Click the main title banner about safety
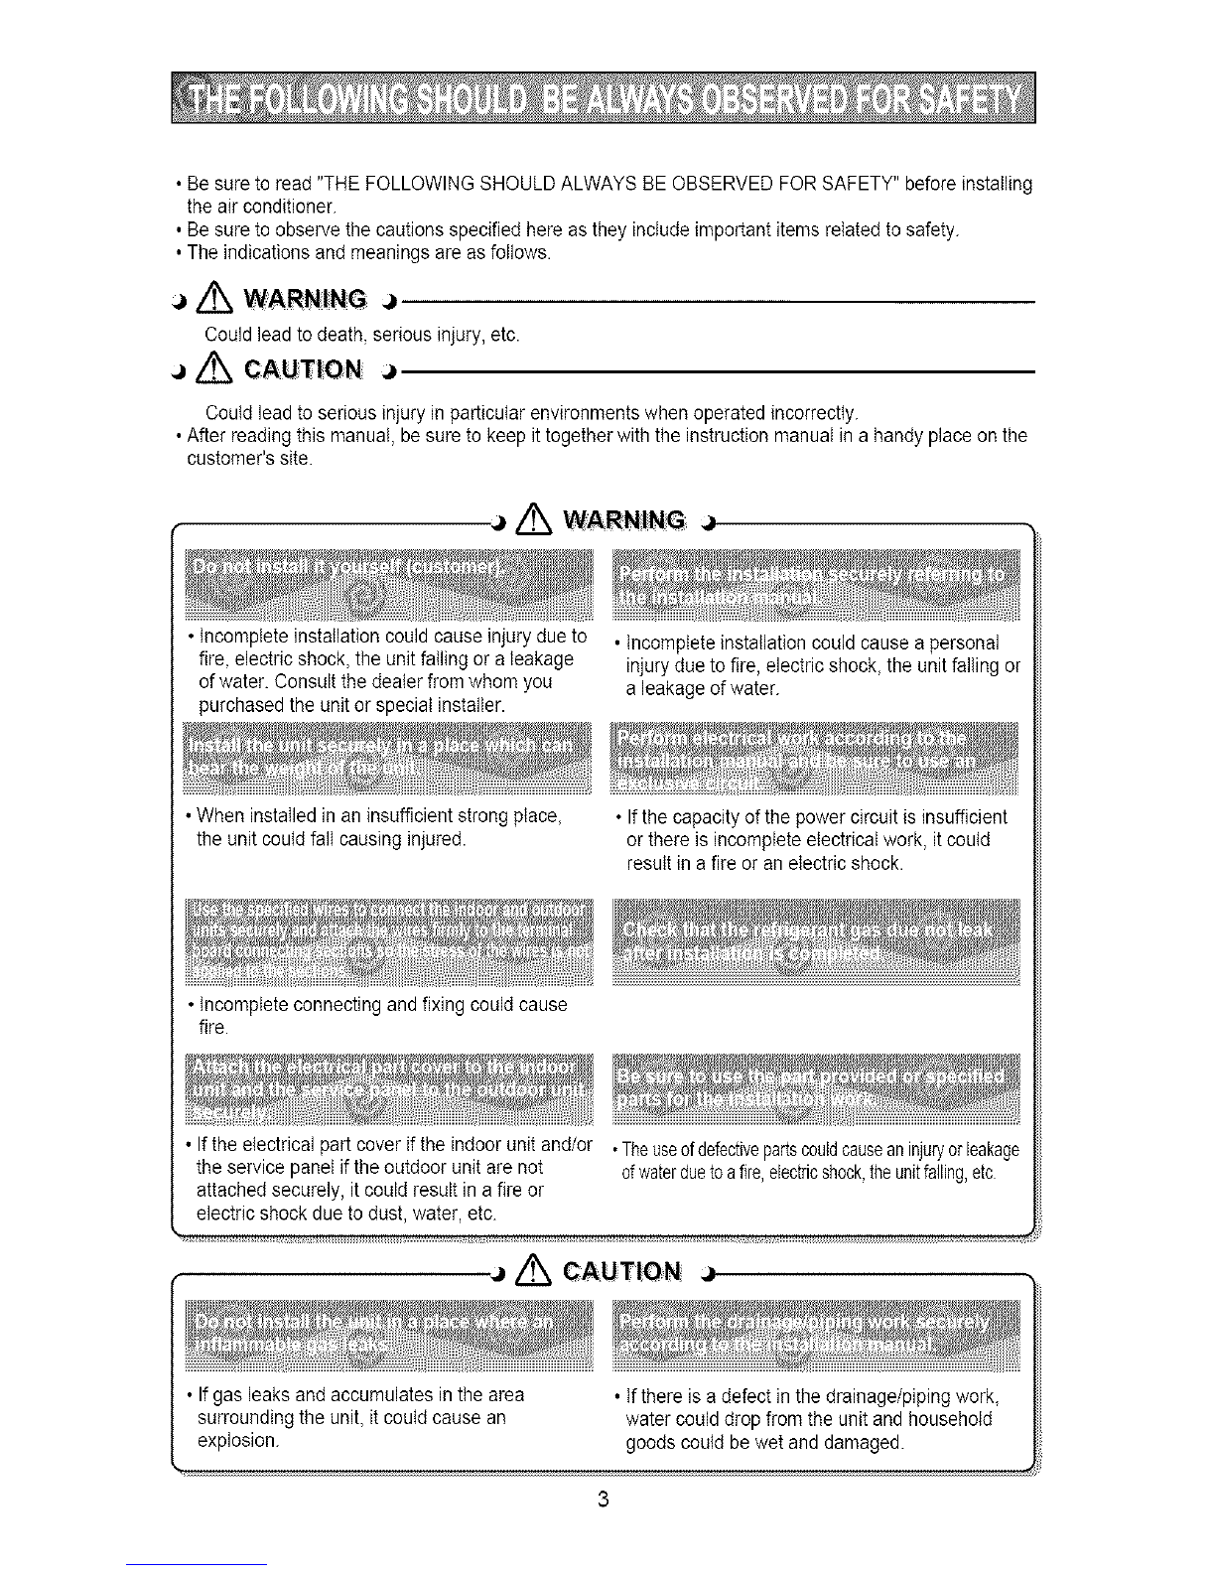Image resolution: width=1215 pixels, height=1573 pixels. tap(603, 100)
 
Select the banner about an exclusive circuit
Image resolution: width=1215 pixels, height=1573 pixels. tap(816, 761)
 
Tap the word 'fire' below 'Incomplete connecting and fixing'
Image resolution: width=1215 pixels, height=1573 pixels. tap(213, 1027)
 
